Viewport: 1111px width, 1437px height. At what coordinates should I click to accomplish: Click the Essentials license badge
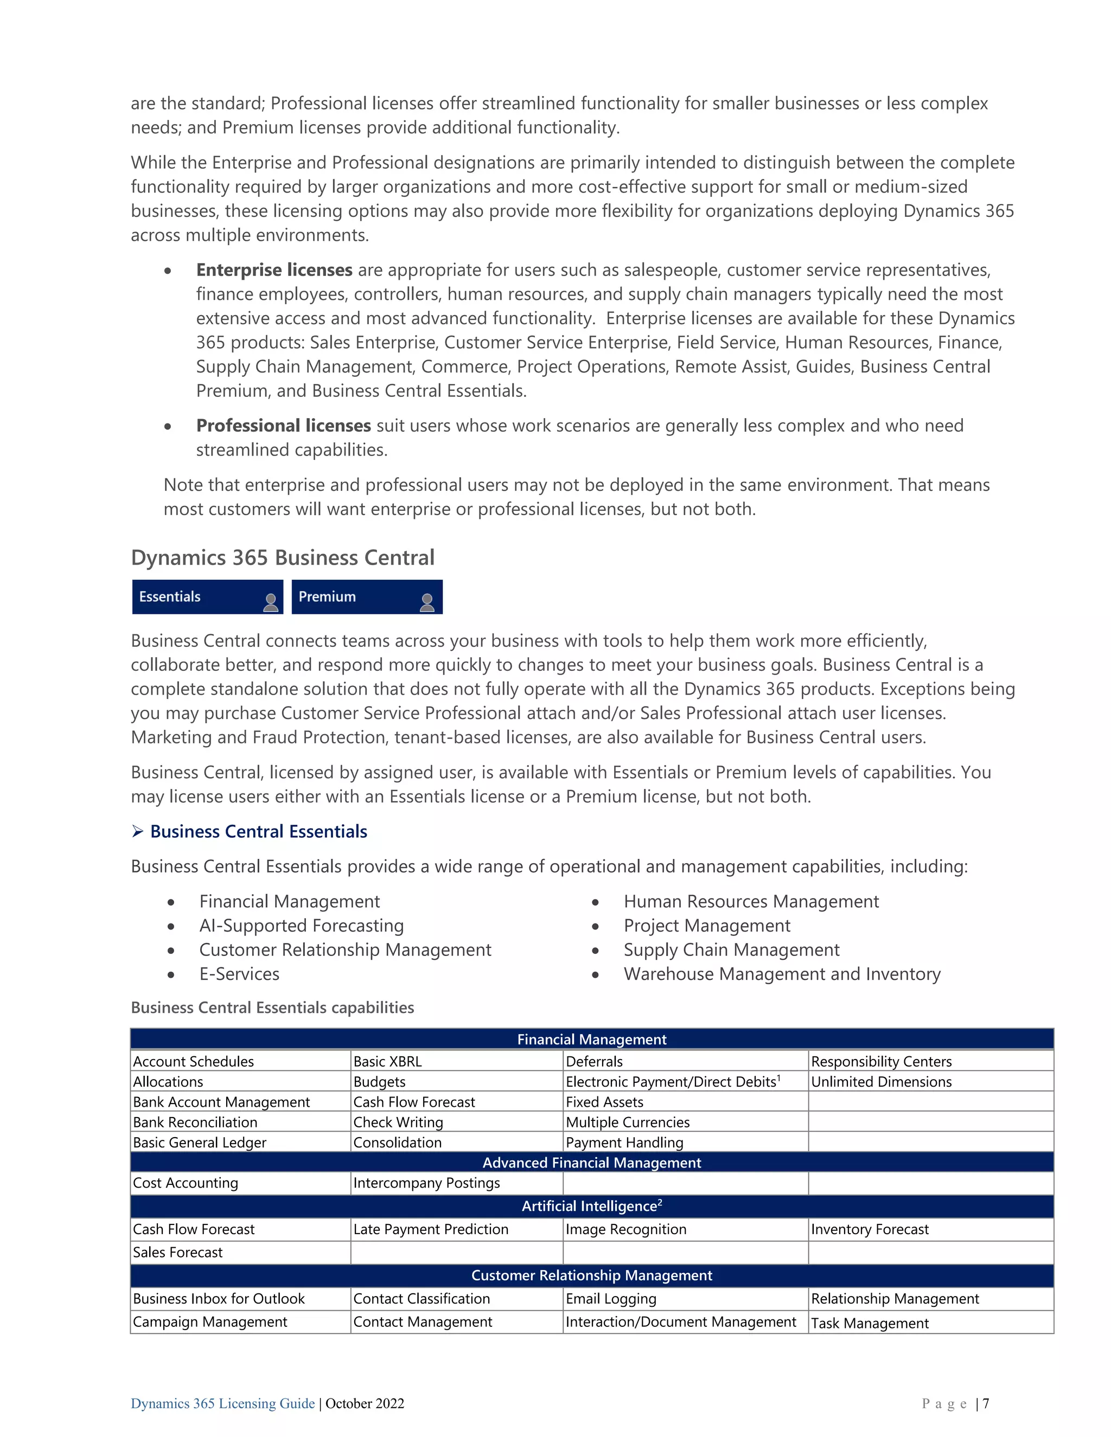tap(207, 597)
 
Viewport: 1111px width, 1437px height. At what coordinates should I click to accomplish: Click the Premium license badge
tap(366, 597)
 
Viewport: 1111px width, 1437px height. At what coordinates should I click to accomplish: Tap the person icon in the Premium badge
tap(426, 602)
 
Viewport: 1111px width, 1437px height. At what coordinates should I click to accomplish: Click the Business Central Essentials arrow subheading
tap(258, 832)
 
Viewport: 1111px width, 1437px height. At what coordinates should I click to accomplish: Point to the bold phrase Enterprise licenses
tap(274, 271)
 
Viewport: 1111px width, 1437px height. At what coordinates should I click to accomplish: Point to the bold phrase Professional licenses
tap(283, 426)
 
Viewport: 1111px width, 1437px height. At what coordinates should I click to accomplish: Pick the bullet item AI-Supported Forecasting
tap(302, 926)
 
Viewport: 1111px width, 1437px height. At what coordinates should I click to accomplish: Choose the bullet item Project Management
tap(706, 926)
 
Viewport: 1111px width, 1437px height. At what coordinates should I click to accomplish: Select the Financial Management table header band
tap(591, 1040)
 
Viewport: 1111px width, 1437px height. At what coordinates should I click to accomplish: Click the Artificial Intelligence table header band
tap(591, 1206)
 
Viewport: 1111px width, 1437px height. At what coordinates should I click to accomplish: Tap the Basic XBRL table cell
tap(388, 1061)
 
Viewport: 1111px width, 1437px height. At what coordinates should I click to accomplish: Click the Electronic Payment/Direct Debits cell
tap(673, 1082)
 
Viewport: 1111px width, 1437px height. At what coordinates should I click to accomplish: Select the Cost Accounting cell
tap(186, 1183)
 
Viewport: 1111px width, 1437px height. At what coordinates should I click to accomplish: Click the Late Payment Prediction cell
tap(430, 1229)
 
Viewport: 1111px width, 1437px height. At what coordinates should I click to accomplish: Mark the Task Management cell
tap(869, 1323)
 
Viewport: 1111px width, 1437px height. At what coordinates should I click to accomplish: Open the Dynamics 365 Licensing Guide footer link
tap(222, 1403)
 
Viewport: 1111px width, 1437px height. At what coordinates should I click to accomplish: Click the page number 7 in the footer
tap(985, 1403)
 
